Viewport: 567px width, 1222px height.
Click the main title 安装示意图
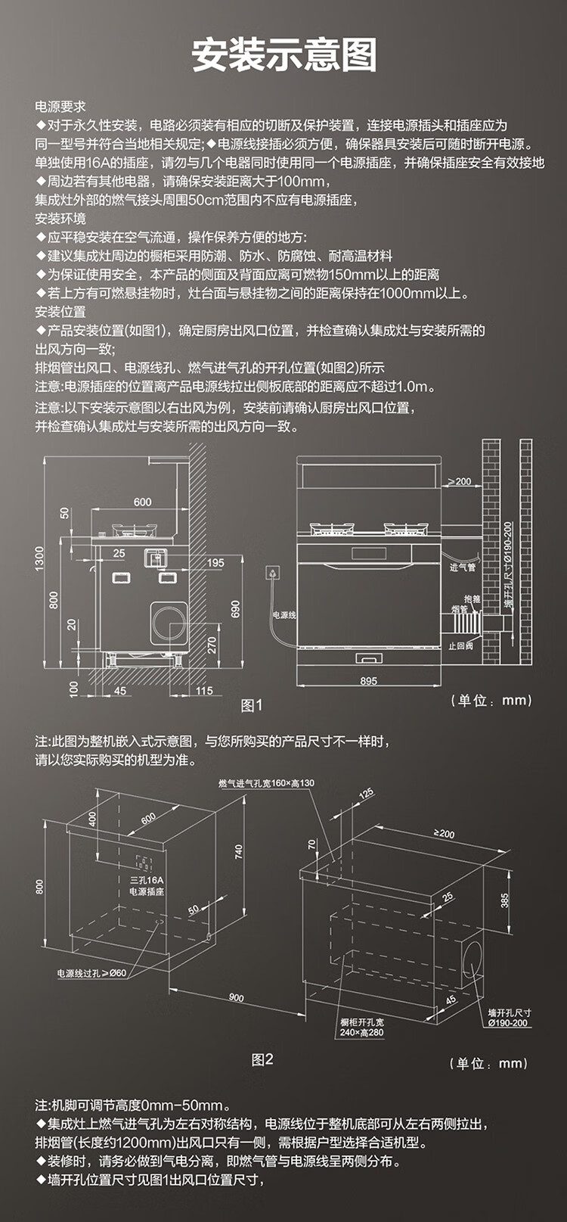(283, 55)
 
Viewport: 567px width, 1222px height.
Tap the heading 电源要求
(60, 107)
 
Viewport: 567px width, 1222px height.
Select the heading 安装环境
(60, 219)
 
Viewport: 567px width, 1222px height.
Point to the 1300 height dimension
(39, 559)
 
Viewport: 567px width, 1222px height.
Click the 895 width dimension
(368, 681)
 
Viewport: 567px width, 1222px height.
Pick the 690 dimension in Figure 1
(235, 610)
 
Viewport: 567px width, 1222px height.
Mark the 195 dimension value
(215, 563)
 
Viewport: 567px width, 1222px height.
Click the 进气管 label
(463, 567)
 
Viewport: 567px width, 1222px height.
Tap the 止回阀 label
(460, 646)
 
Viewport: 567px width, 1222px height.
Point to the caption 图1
(251, 705)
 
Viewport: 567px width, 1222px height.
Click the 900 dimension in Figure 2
(237, 997)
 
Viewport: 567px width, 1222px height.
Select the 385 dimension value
(504, 900)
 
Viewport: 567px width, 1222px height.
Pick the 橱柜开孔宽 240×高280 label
(361, 1027)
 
